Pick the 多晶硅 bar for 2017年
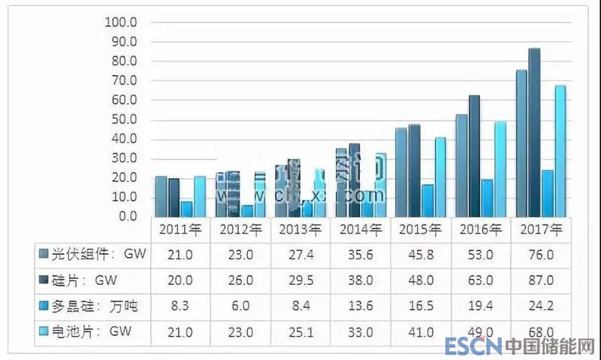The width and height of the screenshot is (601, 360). [548, 193]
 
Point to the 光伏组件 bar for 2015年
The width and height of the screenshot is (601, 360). [401, 172]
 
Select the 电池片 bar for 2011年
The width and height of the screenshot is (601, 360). [199, 196]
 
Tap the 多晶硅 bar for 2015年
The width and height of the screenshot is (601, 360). [427, 200]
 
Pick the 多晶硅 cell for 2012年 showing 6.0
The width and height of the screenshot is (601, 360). [241, 306]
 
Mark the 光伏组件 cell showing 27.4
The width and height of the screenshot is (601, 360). [301, 255]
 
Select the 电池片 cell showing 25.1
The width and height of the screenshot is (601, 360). [301, 331]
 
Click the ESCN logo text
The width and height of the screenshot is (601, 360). [471, 347]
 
